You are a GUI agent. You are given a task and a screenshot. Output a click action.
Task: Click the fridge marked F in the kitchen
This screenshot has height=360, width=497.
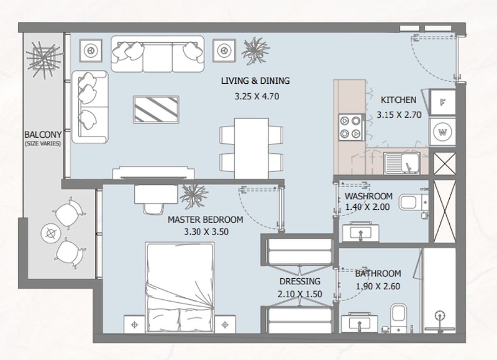(442, 102)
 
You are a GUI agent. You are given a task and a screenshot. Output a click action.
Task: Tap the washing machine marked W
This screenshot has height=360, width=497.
(442, 132)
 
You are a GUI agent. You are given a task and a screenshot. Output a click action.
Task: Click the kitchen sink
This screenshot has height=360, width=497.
(402, 163)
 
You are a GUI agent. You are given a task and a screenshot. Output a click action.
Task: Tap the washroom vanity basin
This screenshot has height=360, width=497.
(360, 232)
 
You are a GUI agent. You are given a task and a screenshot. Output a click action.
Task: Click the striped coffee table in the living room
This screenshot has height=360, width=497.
(156, 109)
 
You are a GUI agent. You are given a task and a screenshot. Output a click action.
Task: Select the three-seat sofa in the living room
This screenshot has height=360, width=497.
(158, 54)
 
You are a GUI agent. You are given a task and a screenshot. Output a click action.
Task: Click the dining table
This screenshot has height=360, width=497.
(252, 148)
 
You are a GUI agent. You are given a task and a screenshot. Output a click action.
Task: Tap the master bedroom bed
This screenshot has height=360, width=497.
(180, 287)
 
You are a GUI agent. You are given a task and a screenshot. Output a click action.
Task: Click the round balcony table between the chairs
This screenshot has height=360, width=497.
(51, 233)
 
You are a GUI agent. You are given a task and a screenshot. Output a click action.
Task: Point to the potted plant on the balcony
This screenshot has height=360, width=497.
(43, 60)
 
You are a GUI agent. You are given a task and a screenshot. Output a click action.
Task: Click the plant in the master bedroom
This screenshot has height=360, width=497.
(194, 196)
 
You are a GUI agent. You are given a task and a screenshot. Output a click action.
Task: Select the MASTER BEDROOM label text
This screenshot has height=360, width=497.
(206, 220)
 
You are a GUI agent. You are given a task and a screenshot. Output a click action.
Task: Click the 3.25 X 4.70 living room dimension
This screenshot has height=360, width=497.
(257, 96)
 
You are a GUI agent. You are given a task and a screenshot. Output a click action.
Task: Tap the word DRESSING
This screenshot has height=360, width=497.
(300, 281)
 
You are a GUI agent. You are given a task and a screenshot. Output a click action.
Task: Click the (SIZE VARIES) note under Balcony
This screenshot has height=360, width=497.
(43, 143)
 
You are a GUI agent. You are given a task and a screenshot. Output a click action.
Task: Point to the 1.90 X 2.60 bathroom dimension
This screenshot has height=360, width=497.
(378, 287)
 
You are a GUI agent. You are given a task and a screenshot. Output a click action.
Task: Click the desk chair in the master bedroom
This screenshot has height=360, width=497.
(153, 208)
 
